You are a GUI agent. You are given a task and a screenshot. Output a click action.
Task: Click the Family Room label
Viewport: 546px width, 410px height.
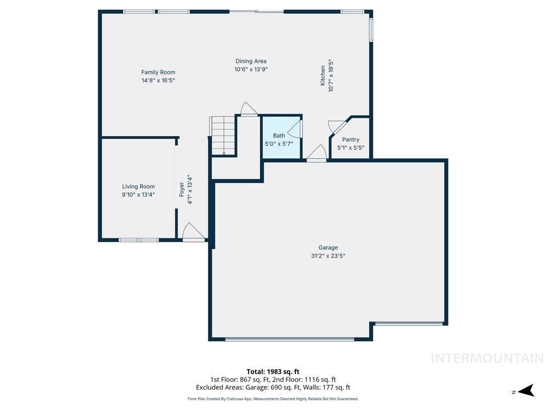pos(158,72)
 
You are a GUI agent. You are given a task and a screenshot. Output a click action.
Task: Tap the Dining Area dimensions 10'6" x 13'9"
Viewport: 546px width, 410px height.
pos(251,70)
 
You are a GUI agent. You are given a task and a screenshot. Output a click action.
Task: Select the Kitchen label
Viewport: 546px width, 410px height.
pos(323,76)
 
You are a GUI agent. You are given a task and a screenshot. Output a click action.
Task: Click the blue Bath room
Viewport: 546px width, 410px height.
pos(281,137)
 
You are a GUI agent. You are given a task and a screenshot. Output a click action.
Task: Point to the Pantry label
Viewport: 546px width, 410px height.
pos(350,140)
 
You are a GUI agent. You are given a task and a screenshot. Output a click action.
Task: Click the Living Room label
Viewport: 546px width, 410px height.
pos(138,186)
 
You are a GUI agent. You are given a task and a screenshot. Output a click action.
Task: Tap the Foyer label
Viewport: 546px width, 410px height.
pos(181,190)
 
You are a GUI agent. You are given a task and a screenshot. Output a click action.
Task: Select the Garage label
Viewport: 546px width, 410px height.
pos(328,247)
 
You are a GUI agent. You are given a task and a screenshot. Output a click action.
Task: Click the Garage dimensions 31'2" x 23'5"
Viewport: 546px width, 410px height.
pos(328,256)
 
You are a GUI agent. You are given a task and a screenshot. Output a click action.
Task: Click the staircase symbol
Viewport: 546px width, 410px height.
pos(223,135)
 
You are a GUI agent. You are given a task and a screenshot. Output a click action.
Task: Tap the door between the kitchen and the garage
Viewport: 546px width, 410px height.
pos(317,154)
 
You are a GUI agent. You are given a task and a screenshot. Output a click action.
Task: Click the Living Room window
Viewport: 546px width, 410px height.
pos(138,240)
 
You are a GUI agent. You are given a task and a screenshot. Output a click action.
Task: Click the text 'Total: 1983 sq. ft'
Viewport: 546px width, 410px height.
pos(273,372)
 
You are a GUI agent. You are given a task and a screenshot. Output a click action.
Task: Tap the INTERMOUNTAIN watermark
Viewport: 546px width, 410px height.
pos(487,358)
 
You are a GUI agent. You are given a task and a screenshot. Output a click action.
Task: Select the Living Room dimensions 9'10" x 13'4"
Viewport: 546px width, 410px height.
pos(138,195)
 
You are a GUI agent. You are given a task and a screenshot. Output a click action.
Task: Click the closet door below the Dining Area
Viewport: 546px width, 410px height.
pos(249,109)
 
